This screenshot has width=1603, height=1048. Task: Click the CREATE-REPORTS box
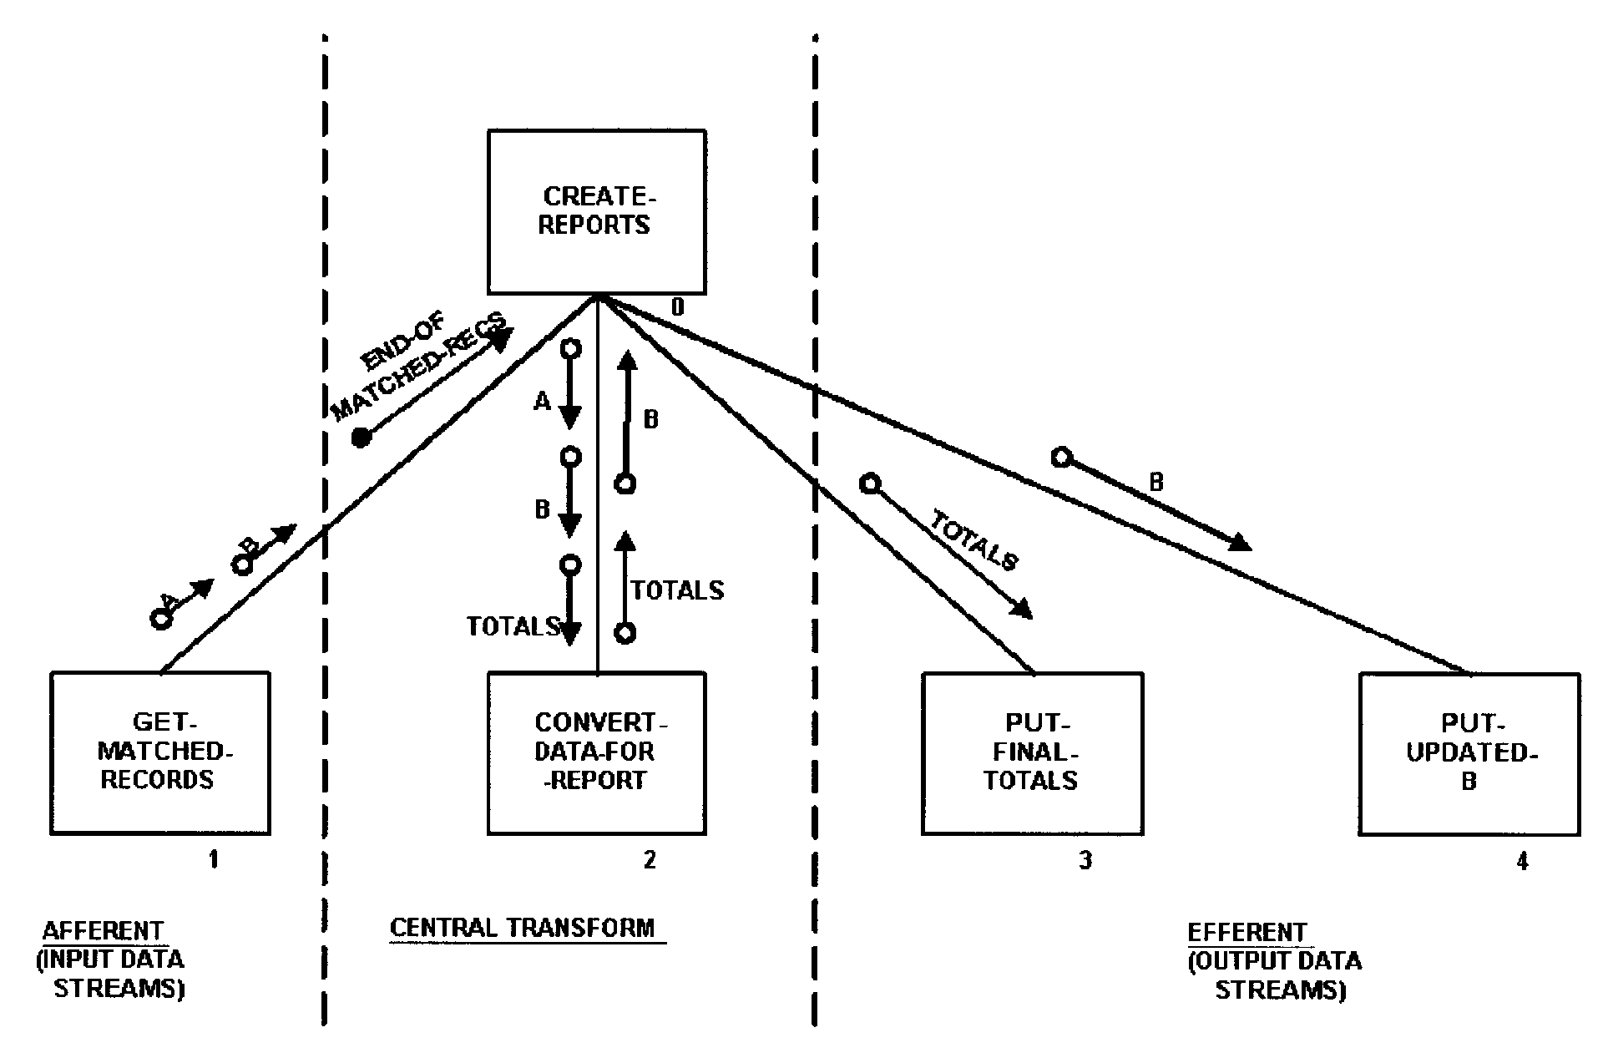(x=596, y=211)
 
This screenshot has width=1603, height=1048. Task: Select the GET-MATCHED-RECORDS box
(x=160, y=752)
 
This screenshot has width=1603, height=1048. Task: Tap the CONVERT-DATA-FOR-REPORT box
(x=596, y=752)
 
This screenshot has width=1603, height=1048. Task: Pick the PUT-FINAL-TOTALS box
(x=1032, y=752)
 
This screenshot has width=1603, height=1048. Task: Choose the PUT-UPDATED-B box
(x=1469, y=752)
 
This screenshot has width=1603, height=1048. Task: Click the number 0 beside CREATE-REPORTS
(x=678, y=308)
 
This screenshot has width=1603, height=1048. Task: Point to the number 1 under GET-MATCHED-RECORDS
(x=214, y=859)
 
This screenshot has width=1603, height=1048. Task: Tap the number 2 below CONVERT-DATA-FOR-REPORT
(x=650, y=859)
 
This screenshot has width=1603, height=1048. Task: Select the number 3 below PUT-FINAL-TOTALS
(x=1085, y=860)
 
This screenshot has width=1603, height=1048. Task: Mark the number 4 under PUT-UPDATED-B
(x=1522, y=861)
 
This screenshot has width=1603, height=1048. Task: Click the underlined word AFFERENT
(x=103, y=931)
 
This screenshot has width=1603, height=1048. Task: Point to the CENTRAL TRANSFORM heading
(x=523, y=929)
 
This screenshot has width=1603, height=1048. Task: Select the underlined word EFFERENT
(x=1246, y=932)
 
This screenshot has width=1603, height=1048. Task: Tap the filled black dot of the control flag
(x=361, y=438)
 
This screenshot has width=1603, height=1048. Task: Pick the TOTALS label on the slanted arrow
(x=974, y=543)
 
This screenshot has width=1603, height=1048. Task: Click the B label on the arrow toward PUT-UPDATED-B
(x=1156, y=482)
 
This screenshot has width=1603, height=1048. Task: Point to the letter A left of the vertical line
(x=543, y=402)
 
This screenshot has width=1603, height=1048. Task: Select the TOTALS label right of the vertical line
(x=677, y=590)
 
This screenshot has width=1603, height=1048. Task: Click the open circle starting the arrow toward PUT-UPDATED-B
(x=1061, y=457)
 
